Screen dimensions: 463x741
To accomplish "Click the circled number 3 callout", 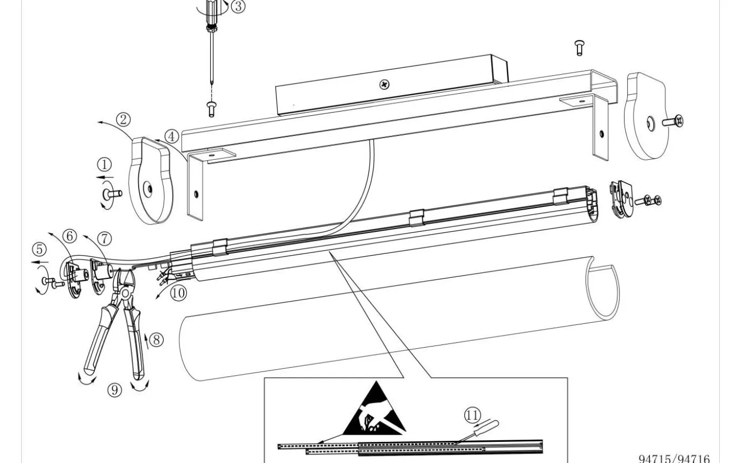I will pos(238,6).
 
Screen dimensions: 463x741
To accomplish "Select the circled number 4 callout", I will pos(171,137).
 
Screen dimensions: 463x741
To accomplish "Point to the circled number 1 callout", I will pos(104,165).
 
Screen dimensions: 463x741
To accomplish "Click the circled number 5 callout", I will pos(39,249).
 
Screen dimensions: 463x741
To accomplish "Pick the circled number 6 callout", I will pos(71,236).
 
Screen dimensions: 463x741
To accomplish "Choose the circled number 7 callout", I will pos(105,239).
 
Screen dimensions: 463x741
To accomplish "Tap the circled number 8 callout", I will pos(156,339).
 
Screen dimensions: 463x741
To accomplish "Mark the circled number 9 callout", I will pos(115,391).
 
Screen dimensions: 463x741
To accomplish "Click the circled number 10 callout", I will pos(178,293).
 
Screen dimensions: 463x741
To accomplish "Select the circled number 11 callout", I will pos(473,415).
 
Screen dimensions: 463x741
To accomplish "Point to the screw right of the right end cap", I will pos(674,122).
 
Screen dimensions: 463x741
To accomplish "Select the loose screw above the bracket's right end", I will pos(579,48).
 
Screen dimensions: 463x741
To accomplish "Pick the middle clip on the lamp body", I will pos(417,217).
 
